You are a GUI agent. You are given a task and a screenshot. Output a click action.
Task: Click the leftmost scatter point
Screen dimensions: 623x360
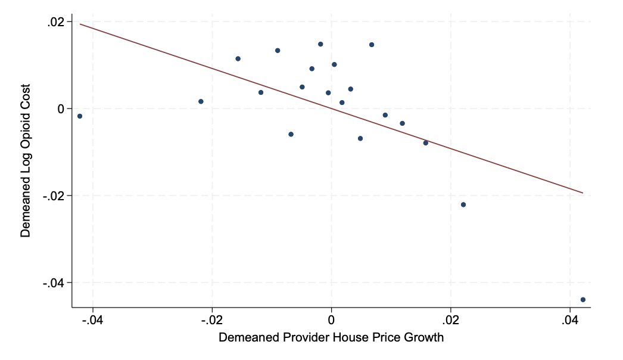coord(79,116)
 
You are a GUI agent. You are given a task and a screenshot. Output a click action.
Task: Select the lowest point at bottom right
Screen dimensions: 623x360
coord(583,300)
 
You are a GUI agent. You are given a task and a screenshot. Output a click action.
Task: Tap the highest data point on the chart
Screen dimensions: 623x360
coord(320,44)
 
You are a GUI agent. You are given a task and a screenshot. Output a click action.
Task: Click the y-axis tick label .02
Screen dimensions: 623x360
coord(55,22)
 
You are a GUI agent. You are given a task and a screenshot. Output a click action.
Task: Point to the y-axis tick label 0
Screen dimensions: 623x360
coord(61,109)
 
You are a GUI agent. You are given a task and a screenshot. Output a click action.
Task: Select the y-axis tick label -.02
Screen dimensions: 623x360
coord(54,196)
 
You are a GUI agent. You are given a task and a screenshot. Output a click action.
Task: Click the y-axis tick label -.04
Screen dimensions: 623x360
coord(54,283)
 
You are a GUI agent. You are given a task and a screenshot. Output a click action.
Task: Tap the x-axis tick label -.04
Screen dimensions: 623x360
coord(92,320)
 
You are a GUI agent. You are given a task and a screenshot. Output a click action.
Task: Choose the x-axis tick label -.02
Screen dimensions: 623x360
coord(212,320)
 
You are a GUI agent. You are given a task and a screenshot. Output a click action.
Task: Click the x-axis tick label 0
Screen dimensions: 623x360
coord(331,320)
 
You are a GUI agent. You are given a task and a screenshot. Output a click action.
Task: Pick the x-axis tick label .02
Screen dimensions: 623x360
coord(450,320)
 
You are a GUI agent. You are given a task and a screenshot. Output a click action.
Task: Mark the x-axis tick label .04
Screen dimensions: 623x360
coord(570,320)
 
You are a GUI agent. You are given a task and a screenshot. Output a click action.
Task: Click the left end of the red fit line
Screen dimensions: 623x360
coord(80,24)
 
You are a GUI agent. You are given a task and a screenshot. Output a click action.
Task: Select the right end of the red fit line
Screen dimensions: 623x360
coord(583,193)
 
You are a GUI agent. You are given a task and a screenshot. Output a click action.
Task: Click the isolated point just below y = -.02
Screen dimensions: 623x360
coord(463,204)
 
